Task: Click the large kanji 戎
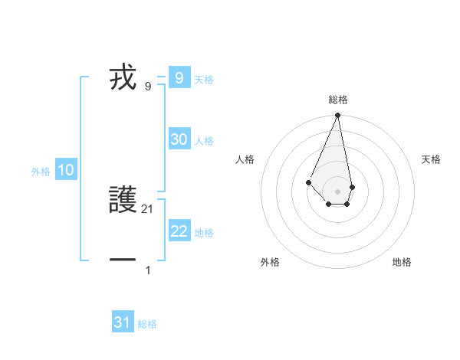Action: click(123, 77)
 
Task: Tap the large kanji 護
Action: click(123, 201)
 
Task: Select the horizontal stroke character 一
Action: click(123, 260)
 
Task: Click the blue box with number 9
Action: click(179, 77)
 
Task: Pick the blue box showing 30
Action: click(179, 139)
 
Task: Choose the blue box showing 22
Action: click(179, 231)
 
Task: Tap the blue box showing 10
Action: click(66, 170)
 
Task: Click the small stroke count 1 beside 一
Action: click(148, 270)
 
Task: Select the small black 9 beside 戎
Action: click(148, 86)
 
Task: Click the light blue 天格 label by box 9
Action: click(204, 79)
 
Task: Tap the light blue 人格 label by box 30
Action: click(204, 141)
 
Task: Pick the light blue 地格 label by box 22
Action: click(204, 233)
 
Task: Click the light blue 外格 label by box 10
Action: click(41, 172)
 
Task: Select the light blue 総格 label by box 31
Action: click(147, 324)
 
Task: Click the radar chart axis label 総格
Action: click(338, 100)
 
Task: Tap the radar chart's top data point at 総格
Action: click(338, 116)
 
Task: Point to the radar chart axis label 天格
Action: click(431, 159)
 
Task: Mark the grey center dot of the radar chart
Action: click(338, 191)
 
